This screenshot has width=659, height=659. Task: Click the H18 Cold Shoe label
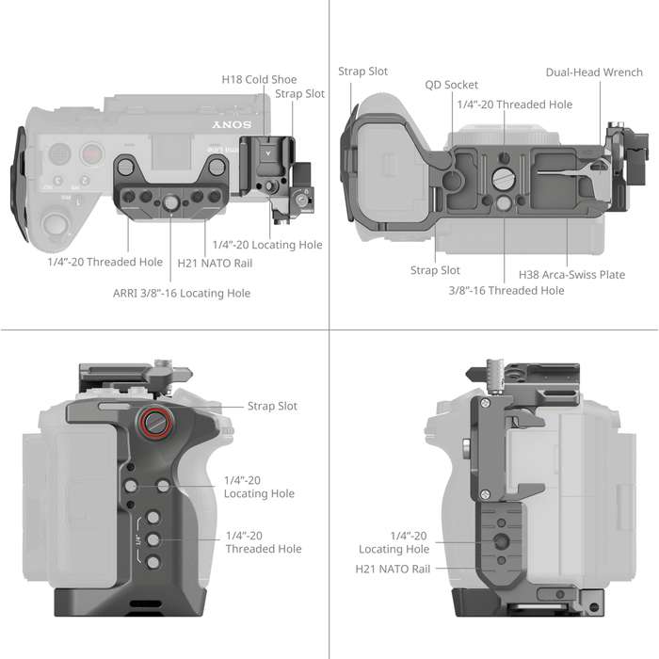pyautogui.click(x=259, y=80)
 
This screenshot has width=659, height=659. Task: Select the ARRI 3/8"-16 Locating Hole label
pyautogui.click(x=183, y=293)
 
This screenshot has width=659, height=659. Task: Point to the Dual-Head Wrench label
pyautogui.click(x=593, y=72)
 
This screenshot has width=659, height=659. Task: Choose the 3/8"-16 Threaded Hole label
pyautogui.click(x=506, y=290)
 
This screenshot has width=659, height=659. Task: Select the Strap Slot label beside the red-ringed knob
pyautogui.click(x=272, y=406)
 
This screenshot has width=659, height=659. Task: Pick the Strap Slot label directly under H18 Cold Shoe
pyautogui.click(x=301, y=94)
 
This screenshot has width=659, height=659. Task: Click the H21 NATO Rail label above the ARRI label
pyautogui.click(x=215, y=263)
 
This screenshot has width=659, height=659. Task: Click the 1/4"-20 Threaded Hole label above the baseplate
pyautogui.click(x=514, y=104)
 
